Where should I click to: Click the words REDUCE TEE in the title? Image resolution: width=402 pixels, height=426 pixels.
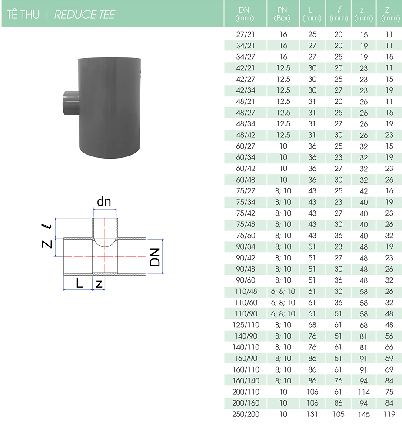(84, 14)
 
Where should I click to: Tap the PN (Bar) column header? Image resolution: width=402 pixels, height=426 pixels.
(282, 14)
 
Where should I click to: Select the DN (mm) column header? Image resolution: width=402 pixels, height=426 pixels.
(244, 14)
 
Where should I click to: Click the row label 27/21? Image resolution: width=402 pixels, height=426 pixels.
(246, 34)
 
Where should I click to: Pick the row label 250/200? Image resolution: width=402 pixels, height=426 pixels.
(246, 414)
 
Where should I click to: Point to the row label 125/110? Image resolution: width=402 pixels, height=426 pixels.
(246, 325)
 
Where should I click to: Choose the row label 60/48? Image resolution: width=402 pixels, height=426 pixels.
(246, 180)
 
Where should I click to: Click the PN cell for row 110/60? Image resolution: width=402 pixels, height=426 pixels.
(283, 303)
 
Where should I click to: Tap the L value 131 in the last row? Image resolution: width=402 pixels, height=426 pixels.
(312, 414)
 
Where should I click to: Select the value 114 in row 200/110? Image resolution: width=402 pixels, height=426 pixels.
(364, 392)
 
